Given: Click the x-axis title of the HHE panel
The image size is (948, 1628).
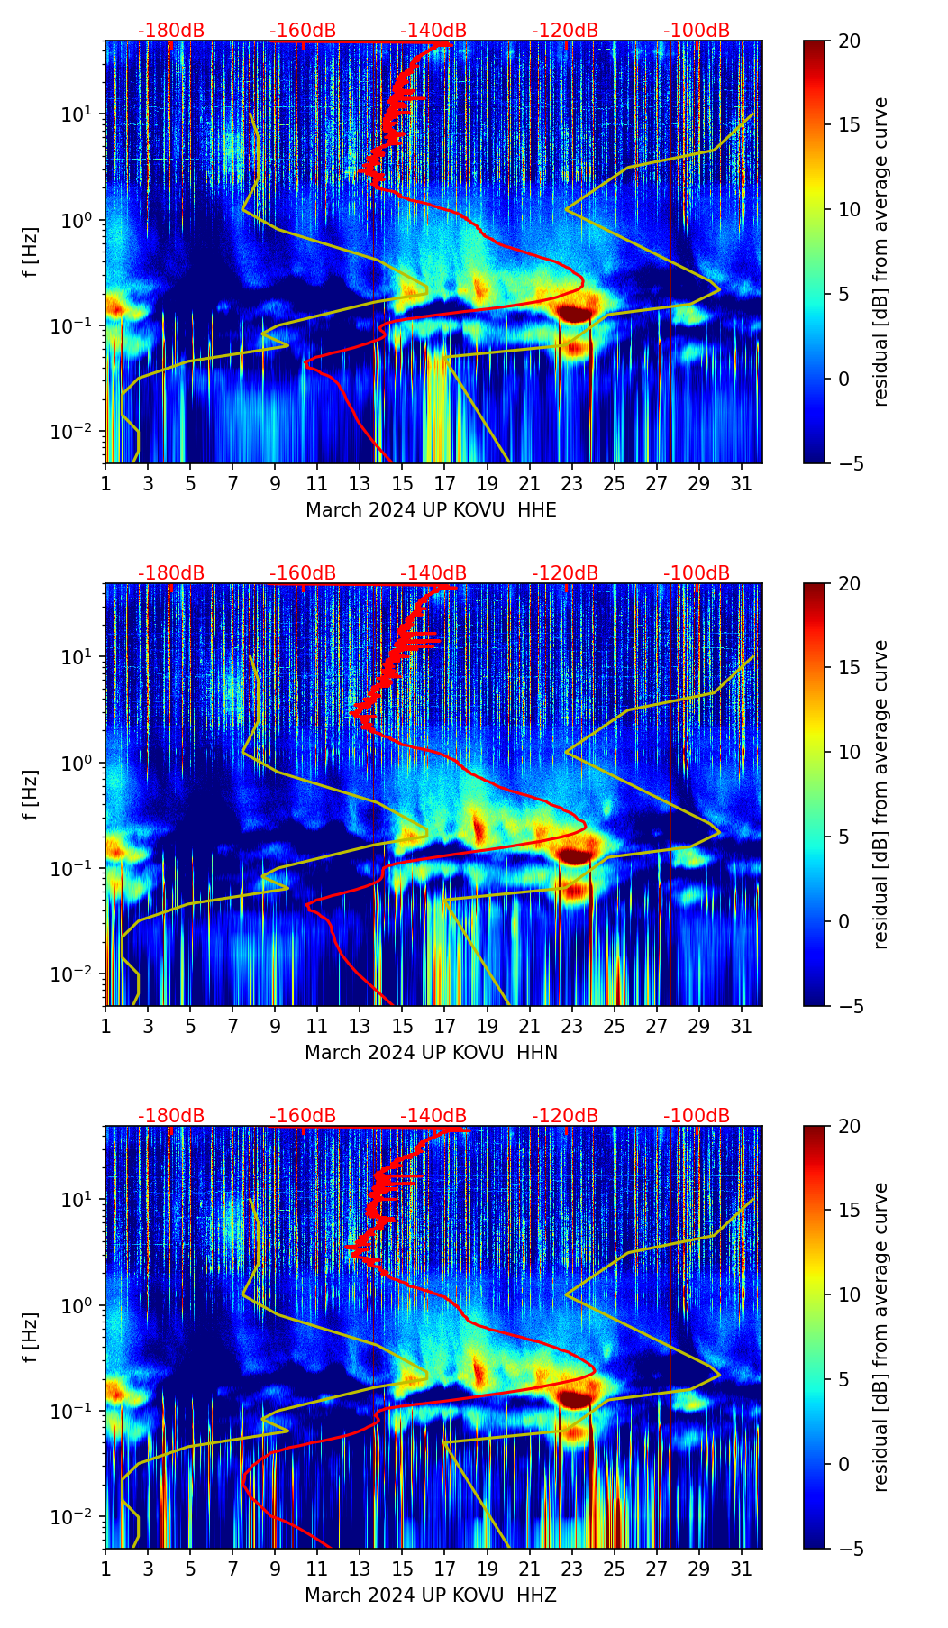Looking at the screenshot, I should (x=431, y=510).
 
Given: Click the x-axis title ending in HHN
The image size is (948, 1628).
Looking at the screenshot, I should (x=431, y=1053).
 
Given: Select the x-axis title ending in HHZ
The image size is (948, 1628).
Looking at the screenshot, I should (x=431, y=1596).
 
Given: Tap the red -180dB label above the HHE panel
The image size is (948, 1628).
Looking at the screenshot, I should (x=171, y=31).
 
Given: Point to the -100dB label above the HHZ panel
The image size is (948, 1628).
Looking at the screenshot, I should (x=697, y=1116).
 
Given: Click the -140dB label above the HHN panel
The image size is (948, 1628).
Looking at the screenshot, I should (x=433, y=573).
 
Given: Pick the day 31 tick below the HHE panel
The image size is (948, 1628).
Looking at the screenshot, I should (x=742, y=483).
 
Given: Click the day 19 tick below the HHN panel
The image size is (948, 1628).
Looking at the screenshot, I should (x=487, y=1026).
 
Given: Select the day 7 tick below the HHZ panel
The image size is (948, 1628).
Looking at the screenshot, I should (x=232, y=1569).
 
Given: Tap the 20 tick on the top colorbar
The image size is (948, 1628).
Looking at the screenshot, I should (x=848, y=41).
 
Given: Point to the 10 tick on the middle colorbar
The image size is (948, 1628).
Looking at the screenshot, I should (x=848, y=752).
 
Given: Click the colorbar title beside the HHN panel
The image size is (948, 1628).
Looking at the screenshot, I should (x=881, y=794).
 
